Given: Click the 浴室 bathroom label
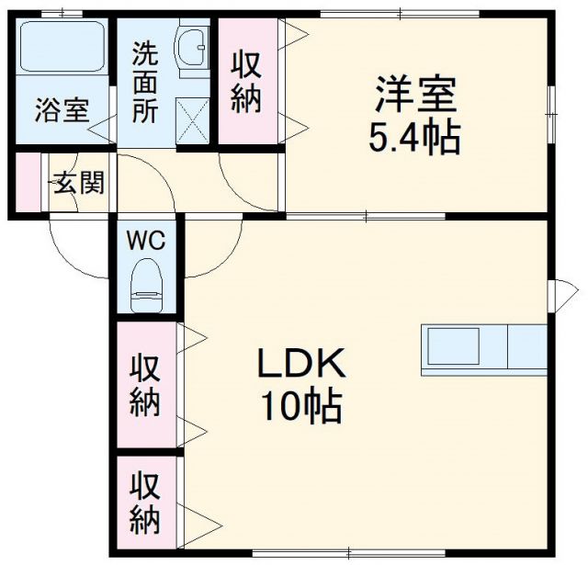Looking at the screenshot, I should (62, 111).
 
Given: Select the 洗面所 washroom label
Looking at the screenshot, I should (144, 83).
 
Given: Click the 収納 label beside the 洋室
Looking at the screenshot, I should (246, 83).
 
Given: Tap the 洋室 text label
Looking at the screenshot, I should (414, 95).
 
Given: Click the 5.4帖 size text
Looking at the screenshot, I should (414, 138).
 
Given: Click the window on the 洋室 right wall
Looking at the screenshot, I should (552, 100).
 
